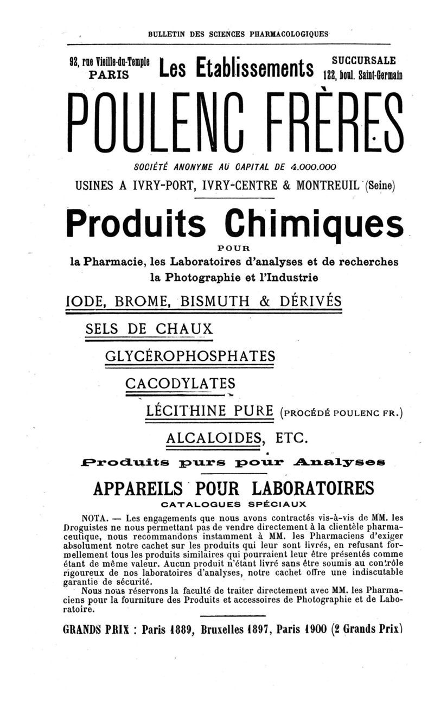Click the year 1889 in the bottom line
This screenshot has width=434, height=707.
178,630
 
